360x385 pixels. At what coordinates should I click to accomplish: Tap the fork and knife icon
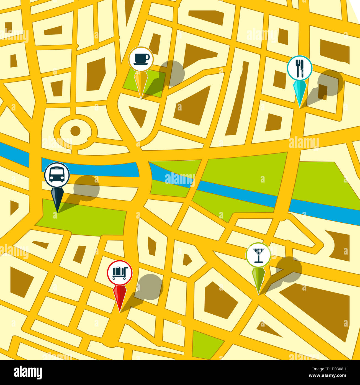(x=300, y=68)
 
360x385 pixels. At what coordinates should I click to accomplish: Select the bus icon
(x=57, y=175)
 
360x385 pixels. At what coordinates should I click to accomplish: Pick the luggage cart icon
(x=120, y=273)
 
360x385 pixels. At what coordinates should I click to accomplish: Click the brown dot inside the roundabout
(x=75, y=131)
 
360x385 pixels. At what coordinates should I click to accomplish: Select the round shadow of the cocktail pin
(x=289, y=269)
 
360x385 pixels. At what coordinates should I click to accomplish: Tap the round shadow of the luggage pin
(x=150, y=287)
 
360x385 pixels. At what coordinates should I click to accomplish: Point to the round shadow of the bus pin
(x=86, y=188)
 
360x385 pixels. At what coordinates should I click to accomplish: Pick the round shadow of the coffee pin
(x=172, y=73)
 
